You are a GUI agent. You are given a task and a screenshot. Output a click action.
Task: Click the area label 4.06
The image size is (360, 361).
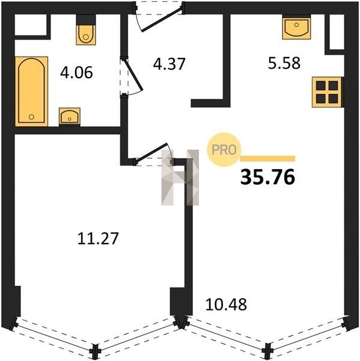click(76, 72)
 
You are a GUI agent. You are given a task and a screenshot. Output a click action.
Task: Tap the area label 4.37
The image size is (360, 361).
click(169, 64)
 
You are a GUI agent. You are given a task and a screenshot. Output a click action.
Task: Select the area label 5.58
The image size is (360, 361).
click(284, 63)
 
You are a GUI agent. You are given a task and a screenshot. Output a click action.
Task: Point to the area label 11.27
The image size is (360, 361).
click(98, 238)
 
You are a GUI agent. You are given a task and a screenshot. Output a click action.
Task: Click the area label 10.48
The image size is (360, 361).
click(226, 304)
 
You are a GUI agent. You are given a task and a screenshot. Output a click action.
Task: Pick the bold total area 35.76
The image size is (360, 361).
click(267, 177)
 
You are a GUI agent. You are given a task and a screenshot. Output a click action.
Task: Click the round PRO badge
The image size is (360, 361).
click(224, 150)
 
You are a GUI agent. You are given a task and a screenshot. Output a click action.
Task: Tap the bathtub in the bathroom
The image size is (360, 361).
click(31, 91)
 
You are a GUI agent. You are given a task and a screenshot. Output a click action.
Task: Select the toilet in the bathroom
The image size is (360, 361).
click(85, 30)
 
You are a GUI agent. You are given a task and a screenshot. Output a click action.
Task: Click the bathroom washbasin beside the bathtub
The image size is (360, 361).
click(70, 117)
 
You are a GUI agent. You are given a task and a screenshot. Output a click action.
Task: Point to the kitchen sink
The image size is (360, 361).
click(296, 27)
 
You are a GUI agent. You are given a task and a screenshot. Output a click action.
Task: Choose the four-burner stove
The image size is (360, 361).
click(327, 92)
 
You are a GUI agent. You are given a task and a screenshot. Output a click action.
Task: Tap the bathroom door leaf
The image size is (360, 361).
click(133, 75)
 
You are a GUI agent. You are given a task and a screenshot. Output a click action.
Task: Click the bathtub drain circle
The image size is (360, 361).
click(31, 117)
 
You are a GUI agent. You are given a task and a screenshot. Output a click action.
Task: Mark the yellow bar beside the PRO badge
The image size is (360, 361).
click(267, 159)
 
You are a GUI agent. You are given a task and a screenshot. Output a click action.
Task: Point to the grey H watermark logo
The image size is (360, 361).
click(180, 177)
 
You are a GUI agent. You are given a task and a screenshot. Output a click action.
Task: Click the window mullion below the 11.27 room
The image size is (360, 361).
click(96, 351)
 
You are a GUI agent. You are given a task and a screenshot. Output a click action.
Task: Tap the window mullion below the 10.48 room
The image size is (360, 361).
click(267, 351)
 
